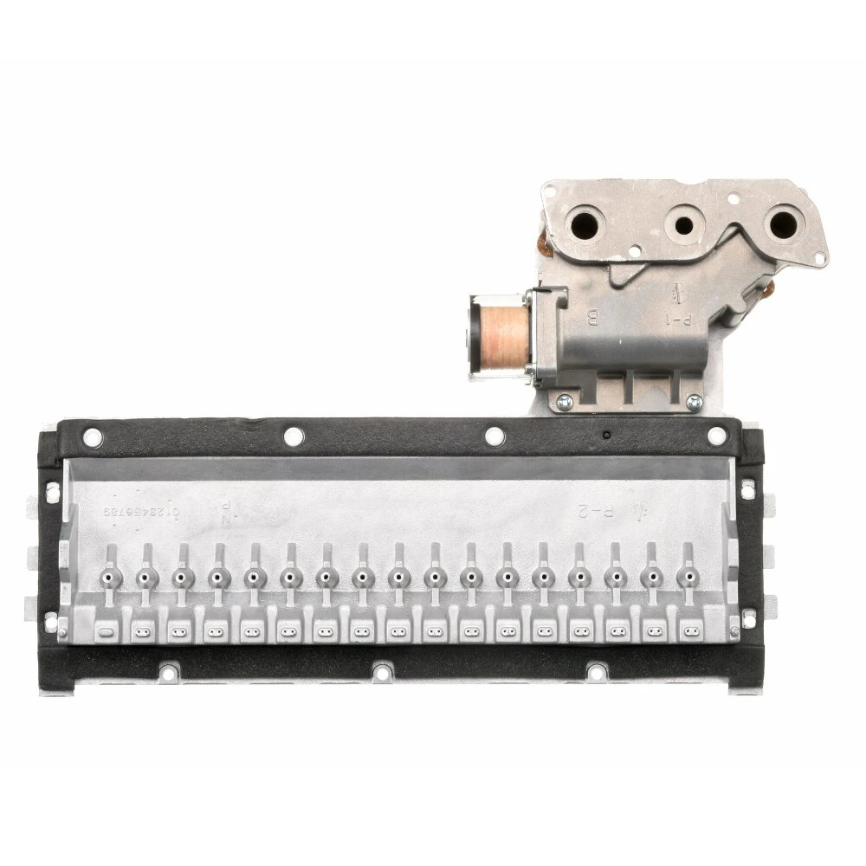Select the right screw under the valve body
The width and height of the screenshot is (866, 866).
click(694, 401)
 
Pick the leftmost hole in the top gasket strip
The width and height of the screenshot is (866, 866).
click(91, 438)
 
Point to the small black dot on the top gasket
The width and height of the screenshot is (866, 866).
click(607, 433)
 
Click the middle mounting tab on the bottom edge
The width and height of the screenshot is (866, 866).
click(380, 670)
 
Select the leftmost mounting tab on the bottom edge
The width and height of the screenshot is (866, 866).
click(169, 672)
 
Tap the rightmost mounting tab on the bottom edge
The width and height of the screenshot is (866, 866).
click(596, 670)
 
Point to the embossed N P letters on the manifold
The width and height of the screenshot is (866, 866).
click(225, 512)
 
